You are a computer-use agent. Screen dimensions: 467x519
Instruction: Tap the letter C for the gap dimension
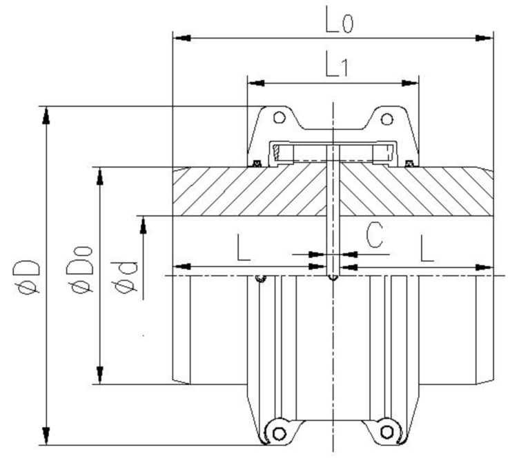373,235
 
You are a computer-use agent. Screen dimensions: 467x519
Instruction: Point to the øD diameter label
31,276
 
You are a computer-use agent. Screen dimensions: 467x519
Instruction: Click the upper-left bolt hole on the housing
279,118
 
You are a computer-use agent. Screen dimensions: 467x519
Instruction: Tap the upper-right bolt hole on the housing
387,118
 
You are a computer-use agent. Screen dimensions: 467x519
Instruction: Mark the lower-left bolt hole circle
279,433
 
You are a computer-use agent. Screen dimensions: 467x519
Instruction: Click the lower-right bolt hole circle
387,433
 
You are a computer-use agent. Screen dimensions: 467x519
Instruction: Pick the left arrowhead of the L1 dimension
256,84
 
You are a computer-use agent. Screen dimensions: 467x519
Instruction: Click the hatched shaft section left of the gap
248,192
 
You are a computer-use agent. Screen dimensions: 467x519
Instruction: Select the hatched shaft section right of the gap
414,192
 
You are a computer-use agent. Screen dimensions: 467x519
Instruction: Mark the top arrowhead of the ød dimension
144,225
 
